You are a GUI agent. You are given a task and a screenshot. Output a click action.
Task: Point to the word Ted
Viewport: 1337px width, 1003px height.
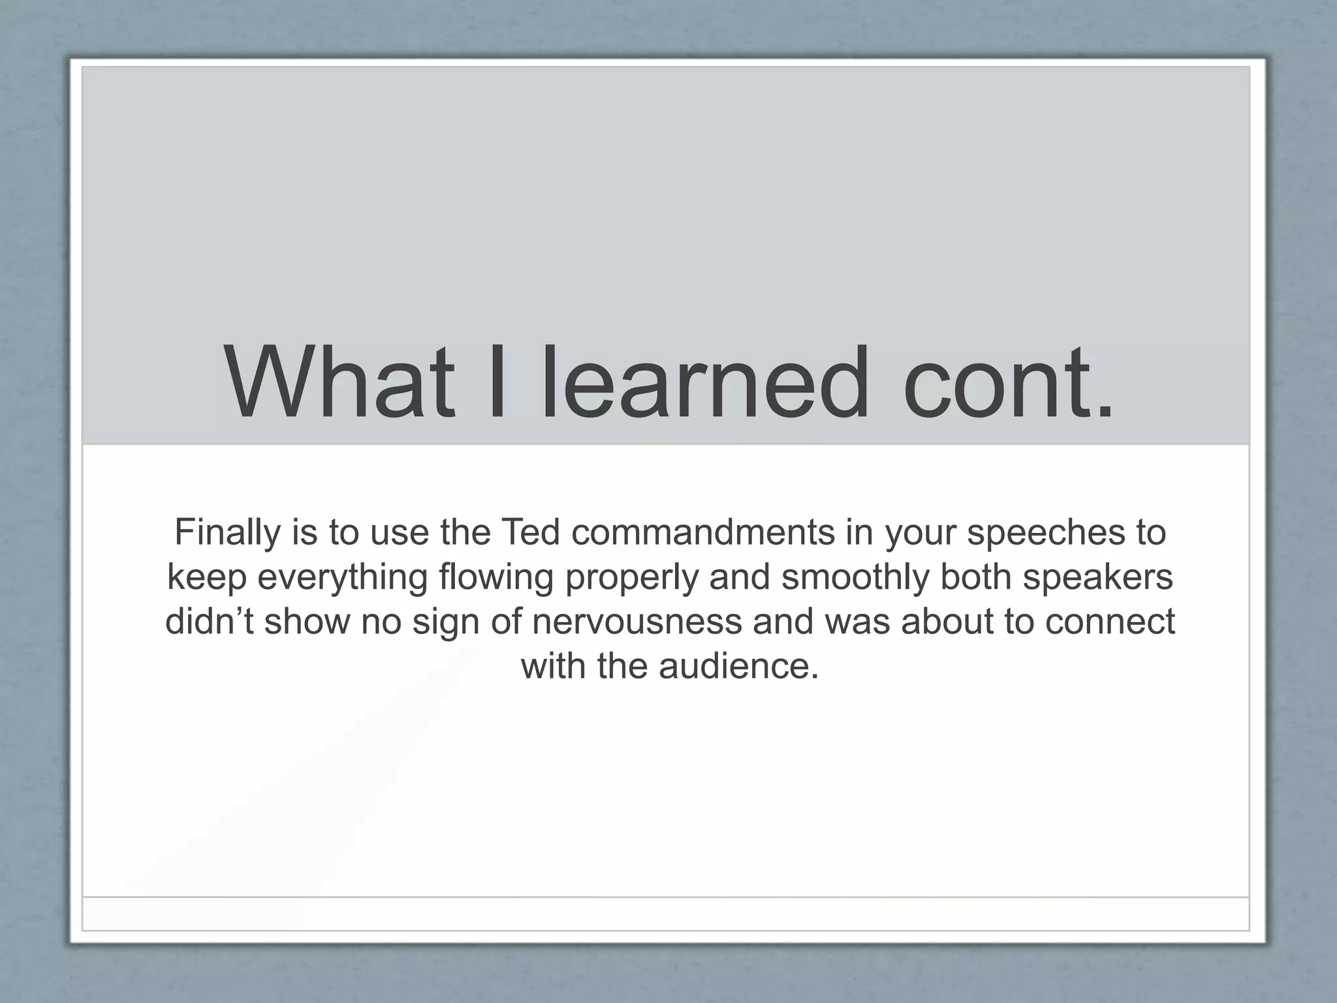530,532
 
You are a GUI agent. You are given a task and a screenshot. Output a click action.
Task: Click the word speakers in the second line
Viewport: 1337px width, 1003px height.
1097,577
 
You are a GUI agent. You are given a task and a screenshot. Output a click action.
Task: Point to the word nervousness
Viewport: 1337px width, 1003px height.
637,621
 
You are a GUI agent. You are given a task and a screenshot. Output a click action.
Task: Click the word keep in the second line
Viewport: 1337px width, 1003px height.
208,577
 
